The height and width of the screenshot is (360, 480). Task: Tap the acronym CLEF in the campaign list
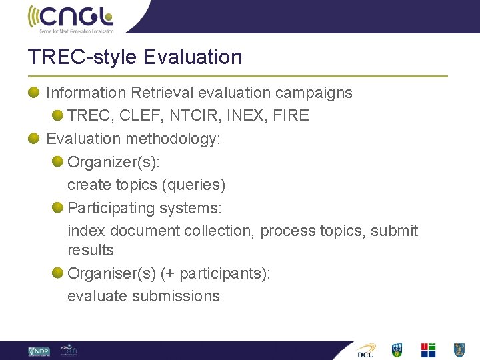click(x=141, y=115)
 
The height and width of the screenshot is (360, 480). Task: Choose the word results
click(x=91, y=251)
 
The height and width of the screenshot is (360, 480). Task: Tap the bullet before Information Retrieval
click(x=33, y=93)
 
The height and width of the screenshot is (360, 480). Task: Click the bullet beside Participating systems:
click(x=57, y=208)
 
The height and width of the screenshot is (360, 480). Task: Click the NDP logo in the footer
click(x=39, y=351)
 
